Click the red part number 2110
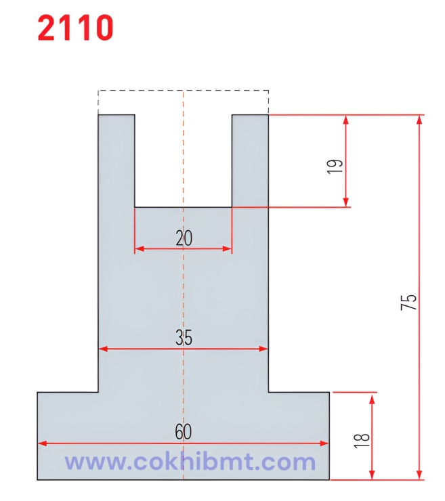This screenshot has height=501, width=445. pyautogui.click(x=75, y=28)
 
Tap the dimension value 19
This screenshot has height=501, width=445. pyautogui.click(x=335, y=166)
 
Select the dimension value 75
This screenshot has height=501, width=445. pyautogui.click(x=408, y=302)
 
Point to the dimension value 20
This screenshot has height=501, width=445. pyautogui.click(x=184, y=238)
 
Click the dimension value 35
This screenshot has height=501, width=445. pyautogui.click(x=184, y=337)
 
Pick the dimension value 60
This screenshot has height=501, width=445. pyautogui.click(x=184, y=432)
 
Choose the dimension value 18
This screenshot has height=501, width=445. pyautogui.click(x=362, y=441)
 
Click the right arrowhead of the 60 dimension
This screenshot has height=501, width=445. pyautogui.click(x=324, y=443)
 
